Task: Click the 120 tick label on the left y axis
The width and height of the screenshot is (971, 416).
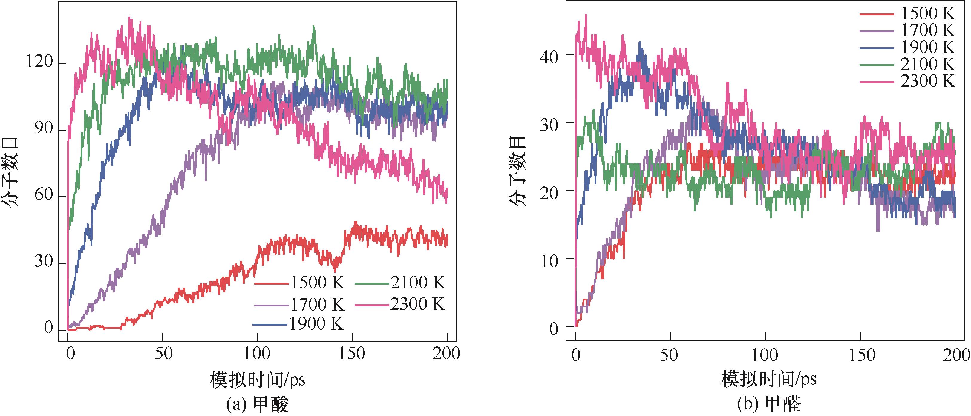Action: [39, 62]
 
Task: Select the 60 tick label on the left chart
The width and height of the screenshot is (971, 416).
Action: [43, 195]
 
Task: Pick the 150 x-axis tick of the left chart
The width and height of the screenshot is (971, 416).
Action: [352, 354]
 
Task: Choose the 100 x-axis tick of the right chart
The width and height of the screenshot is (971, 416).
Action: [765, 355]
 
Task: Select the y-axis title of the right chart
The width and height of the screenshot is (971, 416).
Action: [517, 171]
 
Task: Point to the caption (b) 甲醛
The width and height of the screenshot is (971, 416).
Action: [769, 405]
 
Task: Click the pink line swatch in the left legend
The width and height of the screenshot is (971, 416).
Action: [372, 305]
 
